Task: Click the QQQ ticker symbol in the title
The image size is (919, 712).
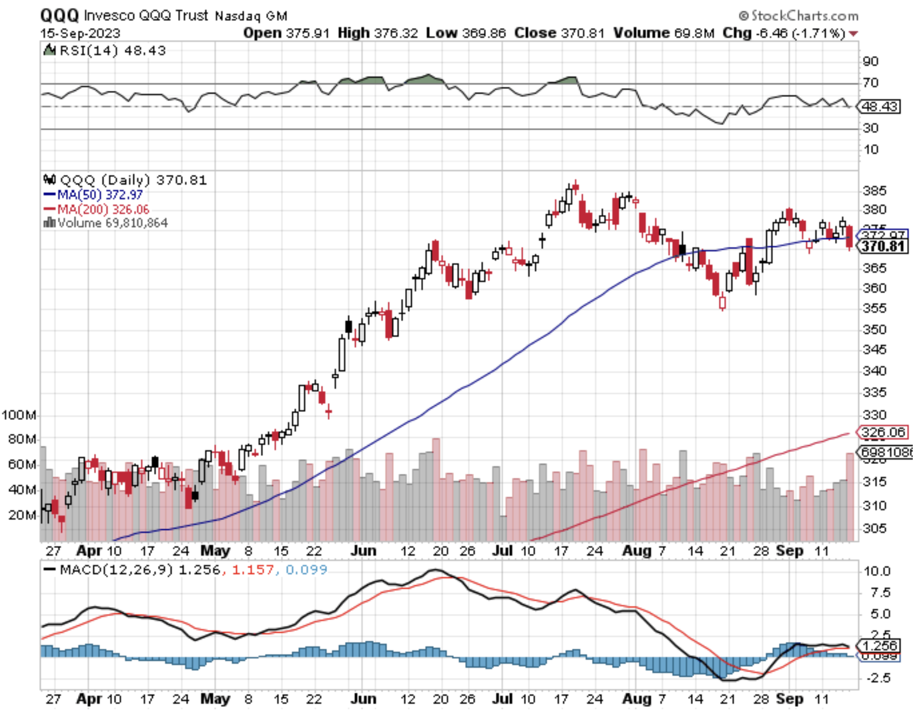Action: pyautogui.click(x=59, y=16)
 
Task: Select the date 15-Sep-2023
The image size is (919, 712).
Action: pyautogui.click(x=80, y=33)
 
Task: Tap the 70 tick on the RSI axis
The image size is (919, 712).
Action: pyautogui.click(x=871, y=83)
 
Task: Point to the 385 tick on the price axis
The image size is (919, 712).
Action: pyautogui.click(x=875, y=190)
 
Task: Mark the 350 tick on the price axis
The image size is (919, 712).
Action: pyautogui.click(x=875, y=330)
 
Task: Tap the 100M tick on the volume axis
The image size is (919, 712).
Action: pyautogui.click(x=19, y=415)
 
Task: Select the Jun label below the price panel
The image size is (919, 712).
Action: pyautogui.click(x=363, y=551)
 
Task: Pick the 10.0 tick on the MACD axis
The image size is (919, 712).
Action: pyautogui.click(x=877, y=571)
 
